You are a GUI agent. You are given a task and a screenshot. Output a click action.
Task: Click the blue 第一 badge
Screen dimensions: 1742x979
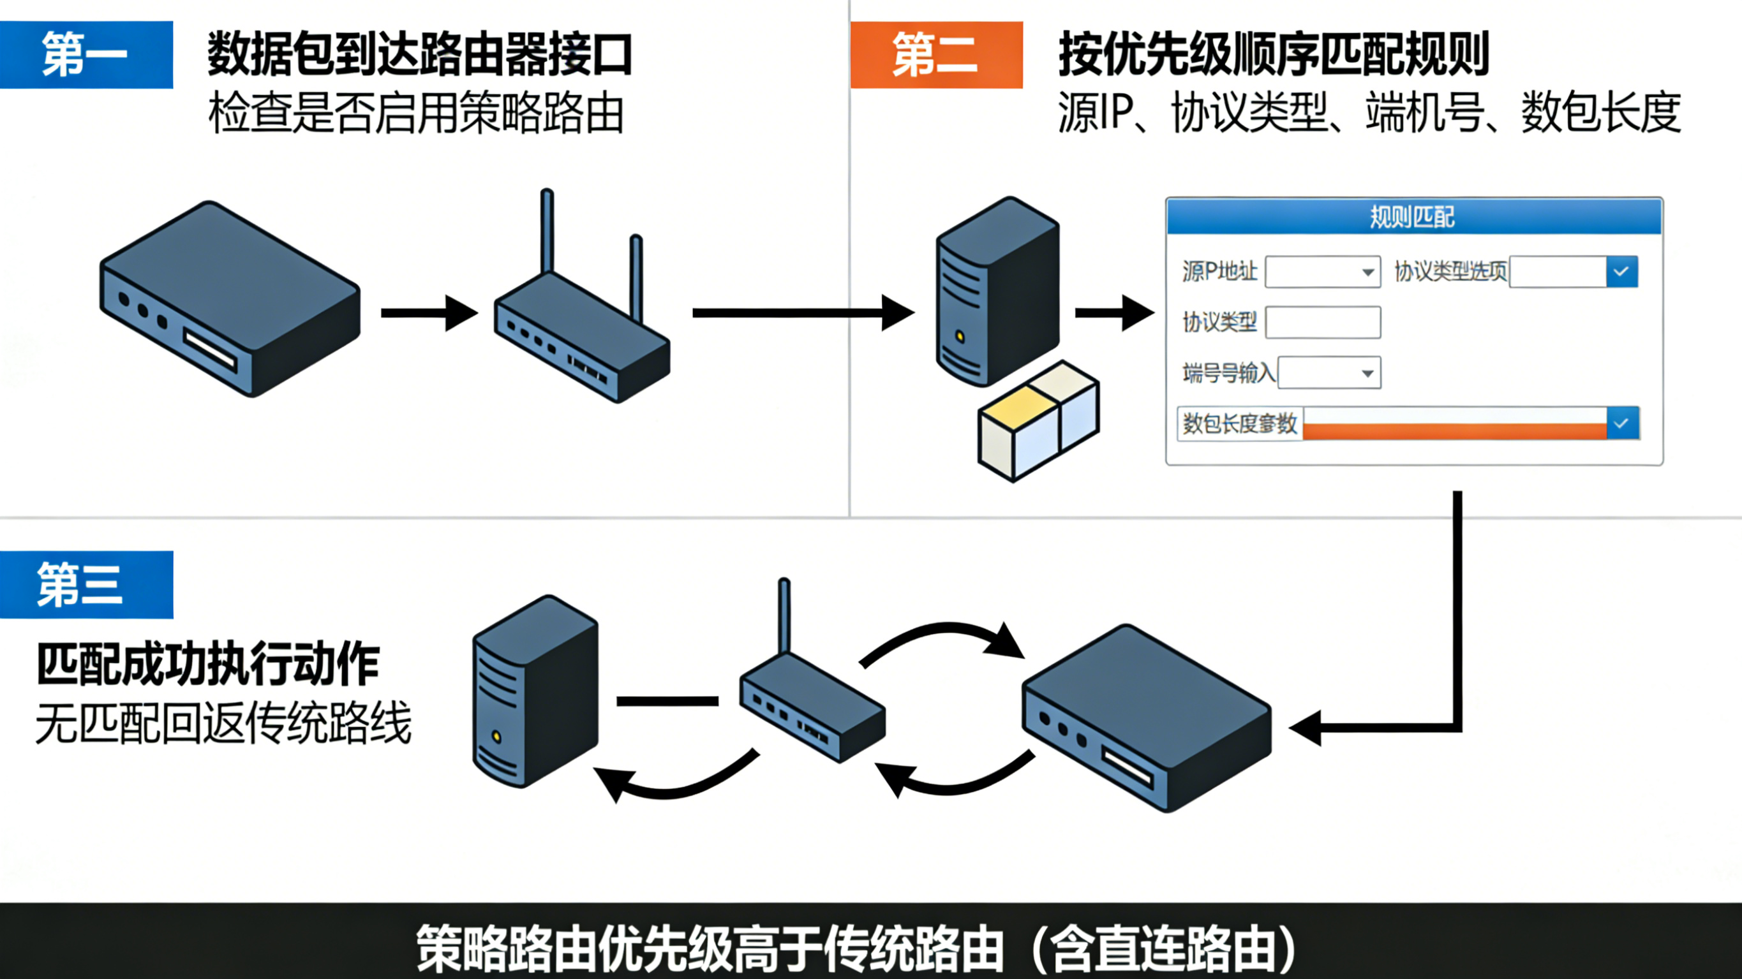86,55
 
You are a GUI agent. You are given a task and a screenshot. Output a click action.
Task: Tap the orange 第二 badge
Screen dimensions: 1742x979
936,55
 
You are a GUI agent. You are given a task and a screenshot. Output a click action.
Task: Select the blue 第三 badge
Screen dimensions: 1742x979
86,584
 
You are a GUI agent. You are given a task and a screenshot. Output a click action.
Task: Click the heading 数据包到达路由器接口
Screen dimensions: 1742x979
419,54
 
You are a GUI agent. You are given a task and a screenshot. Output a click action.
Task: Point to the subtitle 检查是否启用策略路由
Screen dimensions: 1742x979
416,113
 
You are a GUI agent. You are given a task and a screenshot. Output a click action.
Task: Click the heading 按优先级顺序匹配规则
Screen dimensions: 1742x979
1274,54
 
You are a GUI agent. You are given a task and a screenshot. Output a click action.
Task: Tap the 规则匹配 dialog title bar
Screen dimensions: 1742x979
1413,217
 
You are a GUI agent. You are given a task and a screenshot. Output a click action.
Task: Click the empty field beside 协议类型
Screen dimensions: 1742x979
1323,322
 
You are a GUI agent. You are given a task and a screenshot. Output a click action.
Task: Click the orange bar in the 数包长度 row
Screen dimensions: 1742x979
1454,431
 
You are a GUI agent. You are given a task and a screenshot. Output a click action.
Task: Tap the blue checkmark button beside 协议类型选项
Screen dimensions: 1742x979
1621,272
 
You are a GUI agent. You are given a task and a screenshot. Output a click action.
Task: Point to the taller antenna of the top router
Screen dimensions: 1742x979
547,230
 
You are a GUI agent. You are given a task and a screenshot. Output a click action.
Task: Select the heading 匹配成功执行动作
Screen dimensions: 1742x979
207,665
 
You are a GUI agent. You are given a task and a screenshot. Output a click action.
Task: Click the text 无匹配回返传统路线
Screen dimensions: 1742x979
223,723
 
